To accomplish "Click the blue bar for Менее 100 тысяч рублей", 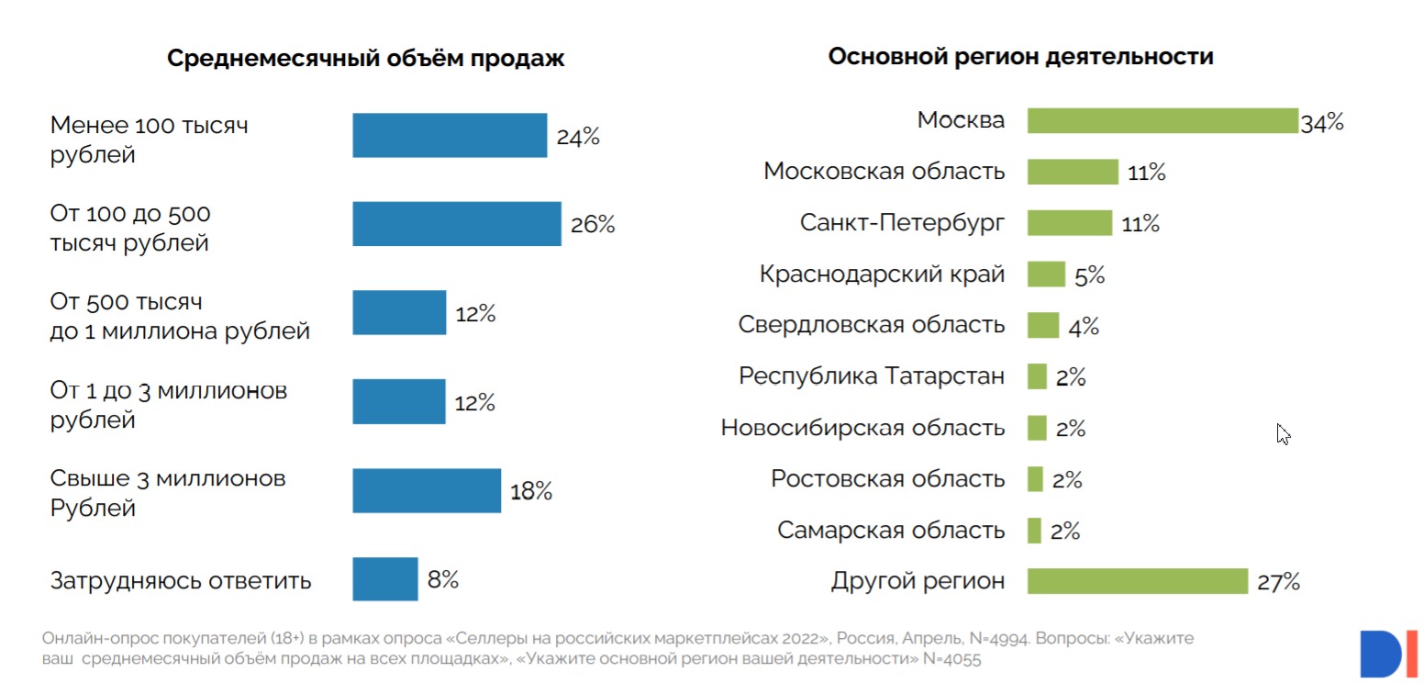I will pos(450,136).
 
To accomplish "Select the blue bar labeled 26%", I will pos(457,224).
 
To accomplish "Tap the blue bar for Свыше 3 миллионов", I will pos(427,490).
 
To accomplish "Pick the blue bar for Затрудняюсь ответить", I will pos(385,579).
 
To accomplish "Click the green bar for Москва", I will pos(1162,120).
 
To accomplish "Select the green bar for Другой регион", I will pos(1138,581).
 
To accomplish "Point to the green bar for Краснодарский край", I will pos(1046,274).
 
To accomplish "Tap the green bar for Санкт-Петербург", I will pos(1069,223).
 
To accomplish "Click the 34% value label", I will pos(1321,122).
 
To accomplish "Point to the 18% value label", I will pos(531,491).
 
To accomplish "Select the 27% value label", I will pos(1278,582).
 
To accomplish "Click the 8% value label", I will pos(442,580).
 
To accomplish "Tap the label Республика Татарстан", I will pos(872,376).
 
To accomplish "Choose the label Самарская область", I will pos(891,531).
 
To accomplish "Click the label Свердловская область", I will pos(872,325).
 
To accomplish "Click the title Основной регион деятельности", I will pos(1020,57).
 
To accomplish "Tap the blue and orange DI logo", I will pos(1387,653).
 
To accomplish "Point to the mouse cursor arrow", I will pos(1283,433).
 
